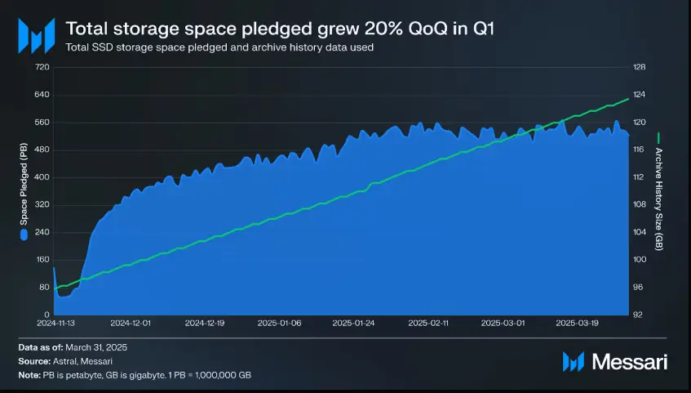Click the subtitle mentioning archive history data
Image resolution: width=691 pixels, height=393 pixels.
pyautogui.click(x=220, y=47)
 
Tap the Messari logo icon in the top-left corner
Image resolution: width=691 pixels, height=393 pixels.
pyautogui.click(x=36, y=35)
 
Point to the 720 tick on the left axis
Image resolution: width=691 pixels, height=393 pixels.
pyautogui.click(x=42, y=67)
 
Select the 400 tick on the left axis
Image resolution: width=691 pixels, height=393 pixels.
pyautogui.click(x=42, y=177)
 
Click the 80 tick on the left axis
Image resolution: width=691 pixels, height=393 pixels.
pyautogui.click(x=44, y=288)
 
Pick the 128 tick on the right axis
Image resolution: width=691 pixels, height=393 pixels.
pyautogui.click(x=639, y=67)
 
